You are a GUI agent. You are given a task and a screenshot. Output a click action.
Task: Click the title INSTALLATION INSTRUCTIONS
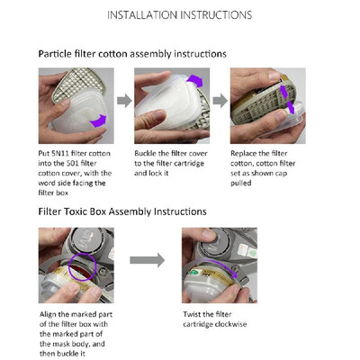pyautogui.click(x=180, y=15)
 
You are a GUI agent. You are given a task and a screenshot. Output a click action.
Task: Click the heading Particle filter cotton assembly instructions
pyautogui.click(x=132, y=54)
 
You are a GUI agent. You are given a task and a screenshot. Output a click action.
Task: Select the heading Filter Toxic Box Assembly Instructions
pyautogui.click(x=122, y=211)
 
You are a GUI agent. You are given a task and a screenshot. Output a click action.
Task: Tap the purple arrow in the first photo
pyautogui.click(x=98, y=121)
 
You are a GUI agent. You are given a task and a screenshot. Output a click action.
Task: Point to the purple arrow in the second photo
pyautogui.click(x=195, y=80)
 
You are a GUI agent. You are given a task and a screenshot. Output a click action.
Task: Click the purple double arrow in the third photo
pyautogui.click(x=287, y=99)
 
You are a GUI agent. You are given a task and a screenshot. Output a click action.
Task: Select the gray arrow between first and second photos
pyautogui.click(x=124, y=101)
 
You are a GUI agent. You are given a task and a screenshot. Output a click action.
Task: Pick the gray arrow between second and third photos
pyautogui.click(x=220, y=101)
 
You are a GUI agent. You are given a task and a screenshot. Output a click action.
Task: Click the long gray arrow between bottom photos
pyautogui.click(x=148, y=260)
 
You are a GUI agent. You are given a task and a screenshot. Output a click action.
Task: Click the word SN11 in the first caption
pyautogui.click(x=59, y=154)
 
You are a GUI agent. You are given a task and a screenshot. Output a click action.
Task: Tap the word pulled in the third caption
pyautogui.click(x=241, y=183)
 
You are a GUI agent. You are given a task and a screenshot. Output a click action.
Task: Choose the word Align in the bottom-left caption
pyautogui.click(x=48, y=315)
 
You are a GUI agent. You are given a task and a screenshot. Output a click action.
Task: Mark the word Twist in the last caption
pyautogui.click(x=191, y=314)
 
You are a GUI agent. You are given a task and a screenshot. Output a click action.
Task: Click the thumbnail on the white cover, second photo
pyautogui.click(x=159, y=114)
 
